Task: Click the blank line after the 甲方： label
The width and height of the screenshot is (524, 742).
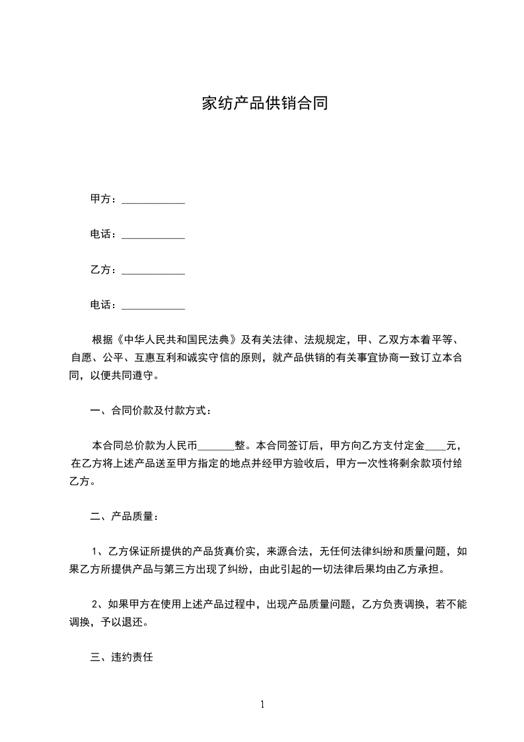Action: [x=153, y=199]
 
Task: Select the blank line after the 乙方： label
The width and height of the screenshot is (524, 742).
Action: [x=153, y=270]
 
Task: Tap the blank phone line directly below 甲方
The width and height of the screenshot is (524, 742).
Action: [x=153, y=235]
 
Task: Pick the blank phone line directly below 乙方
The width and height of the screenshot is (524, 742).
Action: [x=153, y=306]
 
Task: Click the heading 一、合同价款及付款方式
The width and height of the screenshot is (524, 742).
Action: [x=151, y=411]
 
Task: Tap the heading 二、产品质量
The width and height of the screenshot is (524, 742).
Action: [x=124, y=516]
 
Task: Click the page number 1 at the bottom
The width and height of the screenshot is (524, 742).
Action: [x=262, y=704]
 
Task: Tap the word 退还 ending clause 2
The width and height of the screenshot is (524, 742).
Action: [x=137, y=622]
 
